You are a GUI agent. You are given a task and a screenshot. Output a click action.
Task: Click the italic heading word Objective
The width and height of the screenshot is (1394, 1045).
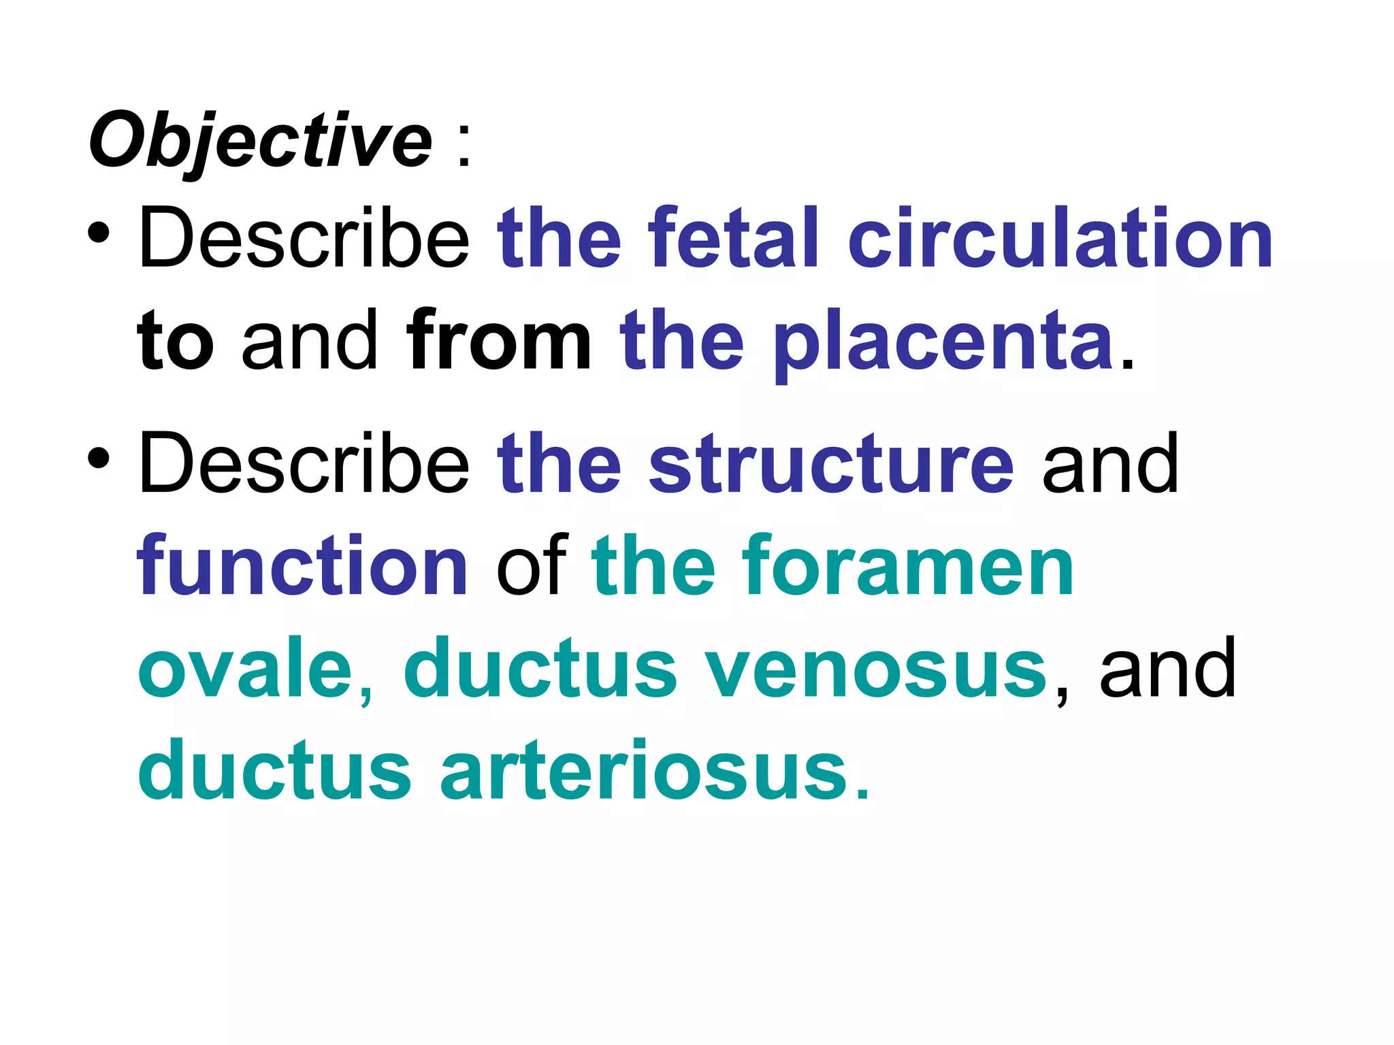click(x=260, y=142)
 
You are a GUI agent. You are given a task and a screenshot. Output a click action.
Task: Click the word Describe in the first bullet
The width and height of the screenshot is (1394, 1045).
click(x=304, y=237)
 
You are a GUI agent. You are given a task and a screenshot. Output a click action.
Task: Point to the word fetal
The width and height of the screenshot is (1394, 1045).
click(x=732, y=237)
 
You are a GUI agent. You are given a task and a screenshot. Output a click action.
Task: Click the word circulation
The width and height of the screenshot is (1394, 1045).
click(x=1059, y=237)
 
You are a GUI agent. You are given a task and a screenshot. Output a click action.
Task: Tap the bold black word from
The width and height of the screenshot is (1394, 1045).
click(x=498, y=339)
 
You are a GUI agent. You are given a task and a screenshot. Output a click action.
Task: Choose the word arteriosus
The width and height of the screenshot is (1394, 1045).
click(x=644, y=771)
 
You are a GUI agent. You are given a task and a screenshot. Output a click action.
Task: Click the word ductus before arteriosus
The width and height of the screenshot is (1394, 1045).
click(x=274, y=771)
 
